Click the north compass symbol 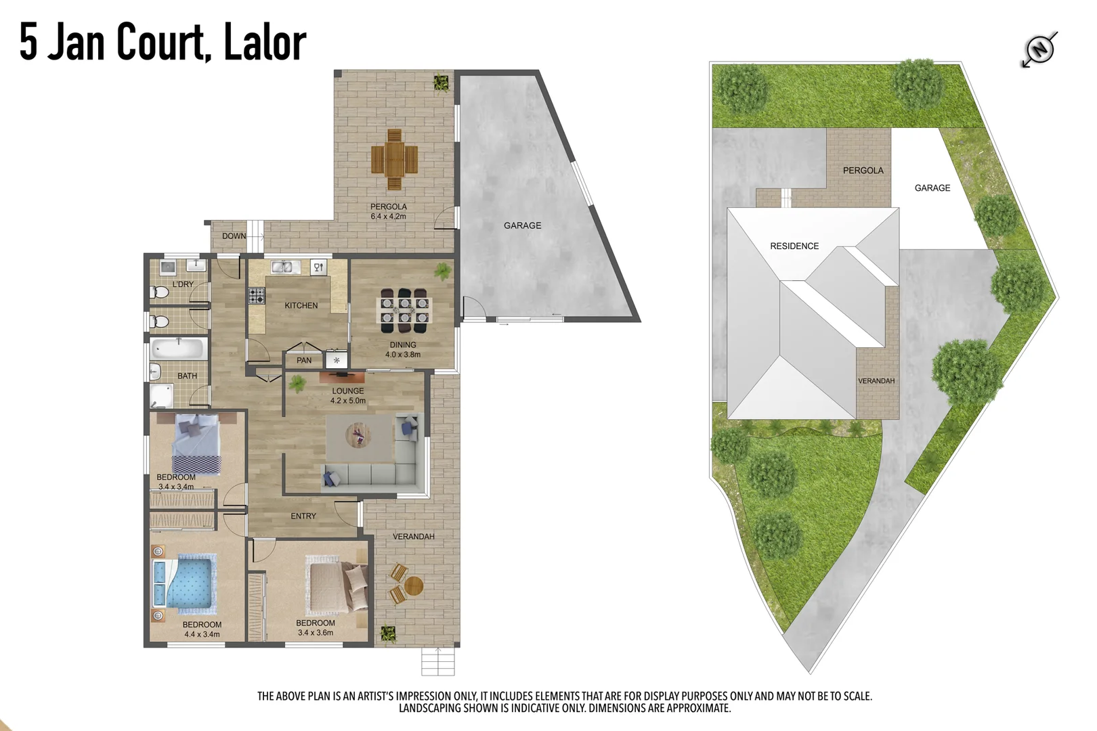1039,49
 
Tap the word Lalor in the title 265,42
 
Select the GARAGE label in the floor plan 522,225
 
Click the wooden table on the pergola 394,160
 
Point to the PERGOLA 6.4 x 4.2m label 388,211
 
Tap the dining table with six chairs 404,311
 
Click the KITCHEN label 301,305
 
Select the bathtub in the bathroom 178,349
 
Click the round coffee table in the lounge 358,435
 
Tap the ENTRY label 303,516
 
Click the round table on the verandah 412,585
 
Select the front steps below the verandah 437,661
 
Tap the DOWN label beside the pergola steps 234,236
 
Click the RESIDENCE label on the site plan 794,246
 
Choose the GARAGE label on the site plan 932,187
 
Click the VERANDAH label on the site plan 876,381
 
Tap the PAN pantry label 304,360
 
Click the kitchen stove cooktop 257,295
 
